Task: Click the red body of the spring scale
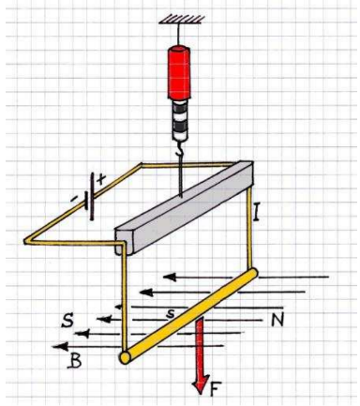tap(179, 72)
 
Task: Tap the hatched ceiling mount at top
tap(182, 19)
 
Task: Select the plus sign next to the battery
tap(101, 179)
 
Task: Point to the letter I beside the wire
tap(256, 212)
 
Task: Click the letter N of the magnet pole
tap(277, 321)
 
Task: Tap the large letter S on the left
tap(67, 321)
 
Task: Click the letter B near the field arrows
tap(75, 361)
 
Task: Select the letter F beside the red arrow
tap(214, 389)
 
